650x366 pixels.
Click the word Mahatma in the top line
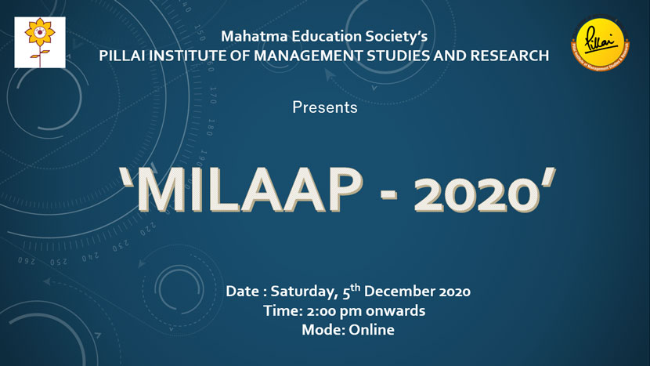pos(250,36)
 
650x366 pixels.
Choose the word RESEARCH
pos(510,56)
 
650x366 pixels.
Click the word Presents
pos(325,107)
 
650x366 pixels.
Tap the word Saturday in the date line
pos(304,292)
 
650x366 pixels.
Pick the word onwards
pos(395,311)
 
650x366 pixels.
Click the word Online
pos(370,330)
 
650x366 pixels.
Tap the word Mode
pos(321,330)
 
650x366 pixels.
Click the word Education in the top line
pos(323,36)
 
